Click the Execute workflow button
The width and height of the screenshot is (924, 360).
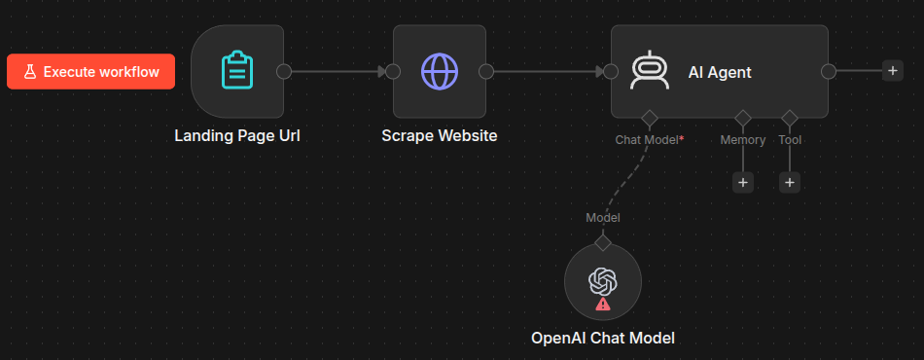tap(90, 72)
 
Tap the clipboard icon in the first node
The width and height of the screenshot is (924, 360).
tap(237, 71)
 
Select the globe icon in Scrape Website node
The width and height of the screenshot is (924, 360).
tap(440, 71)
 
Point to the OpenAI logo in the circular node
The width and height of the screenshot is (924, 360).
tap(603, 281)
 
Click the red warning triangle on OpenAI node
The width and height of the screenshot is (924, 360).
tap(603, 304)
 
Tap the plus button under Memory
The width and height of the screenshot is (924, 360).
tap(742, 183)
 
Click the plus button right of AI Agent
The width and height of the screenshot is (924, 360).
tap(893, 71)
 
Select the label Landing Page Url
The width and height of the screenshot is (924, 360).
tap(237, 136)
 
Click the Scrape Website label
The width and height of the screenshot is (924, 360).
tap(440, 136)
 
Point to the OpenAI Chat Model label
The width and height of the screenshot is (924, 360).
tap(603, 339)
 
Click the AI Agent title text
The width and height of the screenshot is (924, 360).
tap(720, 72)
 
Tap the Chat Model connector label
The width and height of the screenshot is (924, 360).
tap(650, 140)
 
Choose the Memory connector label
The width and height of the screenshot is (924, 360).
tap(743, 140)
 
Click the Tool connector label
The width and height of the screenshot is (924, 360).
tap(790, 140)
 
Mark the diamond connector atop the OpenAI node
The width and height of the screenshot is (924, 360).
tap(603, 242)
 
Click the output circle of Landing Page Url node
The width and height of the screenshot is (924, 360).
tap(284, 71)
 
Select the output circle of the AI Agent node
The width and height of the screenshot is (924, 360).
tap(829, 71)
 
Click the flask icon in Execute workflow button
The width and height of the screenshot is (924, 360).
tap(29, 72)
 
